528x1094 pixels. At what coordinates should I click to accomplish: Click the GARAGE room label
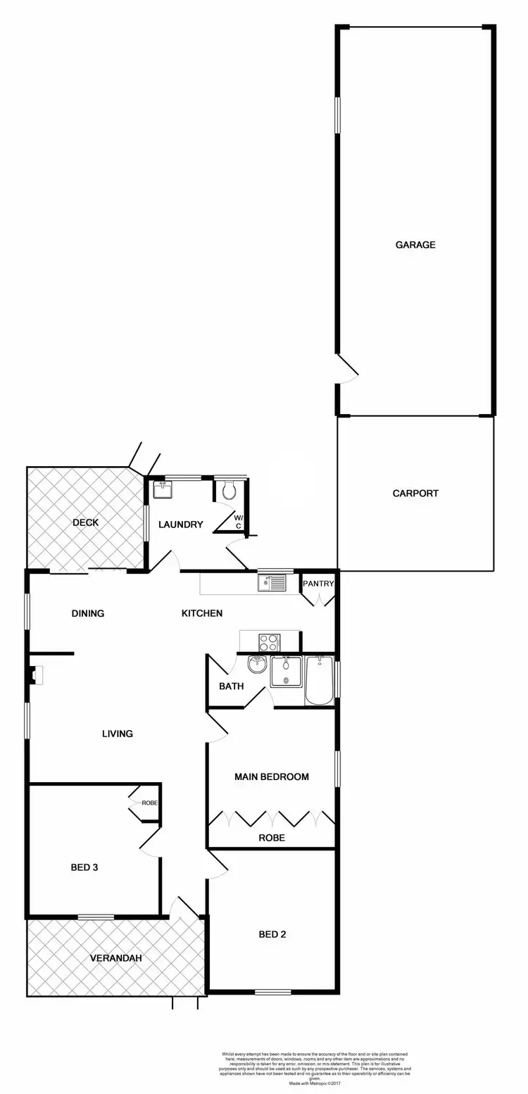[415, 245]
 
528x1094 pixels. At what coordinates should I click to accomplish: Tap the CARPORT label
[415, 493]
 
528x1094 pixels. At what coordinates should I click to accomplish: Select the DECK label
[85, 522]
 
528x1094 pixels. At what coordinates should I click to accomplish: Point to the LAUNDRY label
[181, 524]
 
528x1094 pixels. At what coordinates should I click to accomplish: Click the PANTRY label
[318, 584]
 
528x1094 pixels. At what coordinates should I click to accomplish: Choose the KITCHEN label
[202, 613]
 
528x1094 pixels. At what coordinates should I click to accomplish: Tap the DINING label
[88, 613]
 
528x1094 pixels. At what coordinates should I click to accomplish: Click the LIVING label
[118, 734]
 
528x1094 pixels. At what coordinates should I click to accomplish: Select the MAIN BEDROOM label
[272, 777]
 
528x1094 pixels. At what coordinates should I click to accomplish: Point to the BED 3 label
[84, 867]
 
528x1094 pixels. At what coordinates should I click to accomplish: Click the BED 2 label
[272, 935]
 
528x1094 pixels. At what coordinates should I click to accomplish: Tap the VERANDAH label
[115, 958]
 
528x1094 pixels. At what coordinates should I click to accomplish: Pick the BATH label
[231, 686]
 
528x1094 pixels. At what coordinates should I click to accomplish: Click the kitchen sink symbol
[272, 582]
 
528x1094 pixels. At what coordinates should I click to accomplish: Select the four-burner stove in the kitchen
[269, 643]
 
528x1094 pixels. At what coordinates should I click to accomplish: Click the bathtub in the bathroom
[320, 680]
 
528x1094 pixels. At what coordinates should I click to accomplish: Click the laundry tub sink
[163, 489]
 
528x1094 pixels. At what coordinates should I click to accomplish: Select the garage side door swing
[346, 370]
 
